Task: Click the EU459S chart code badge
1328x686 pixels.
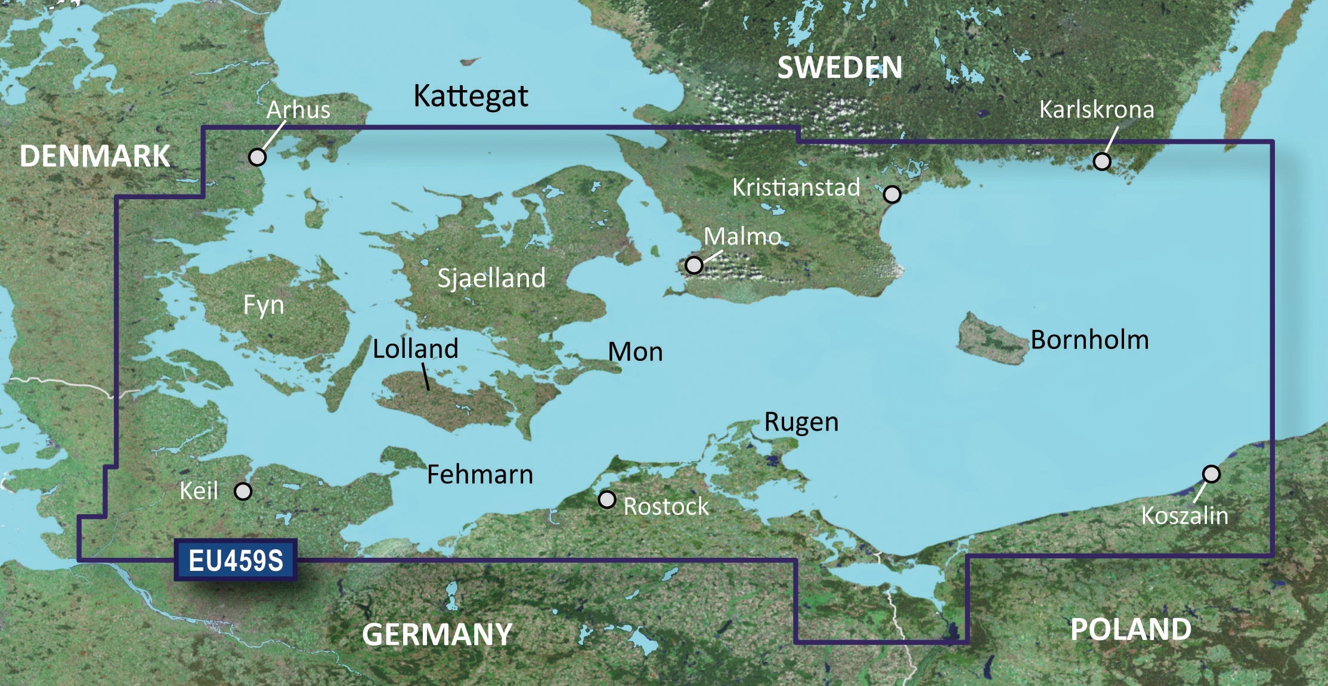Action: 236,560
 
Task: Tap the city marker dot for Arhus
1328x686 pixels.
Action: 257,157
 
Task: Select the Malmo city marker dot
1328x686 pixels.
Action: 694,264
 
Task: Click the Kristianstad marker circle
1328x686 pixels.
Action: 892,194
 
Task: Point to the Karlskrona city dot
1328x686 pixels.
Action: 1102,161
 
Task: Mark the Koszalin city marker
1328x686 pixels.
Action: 1211,474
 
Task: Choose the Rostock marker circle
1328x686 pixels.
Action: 607,499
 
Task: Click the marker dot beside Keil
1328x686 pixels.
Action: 243,492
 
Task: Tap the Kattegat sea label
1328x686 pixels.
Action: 470,96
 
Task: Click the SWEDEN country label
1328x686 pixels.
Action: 840,67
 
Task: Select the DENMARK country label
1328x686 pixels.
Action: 95,156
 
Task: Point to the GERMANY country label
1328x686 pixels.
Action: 437,634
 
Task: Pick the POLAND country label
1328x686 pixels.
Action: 1131,629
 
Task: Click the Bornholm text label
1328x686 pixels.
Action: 1089,339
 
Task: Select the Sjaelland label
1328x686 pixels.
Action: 491,278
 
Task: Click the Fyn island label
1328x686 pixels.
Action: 264,305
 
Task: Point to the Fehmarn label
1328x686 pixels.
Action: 480,475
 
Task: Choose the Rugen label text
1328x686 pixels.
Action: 801,422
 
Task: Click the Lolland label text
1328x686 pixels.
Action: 416,348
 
